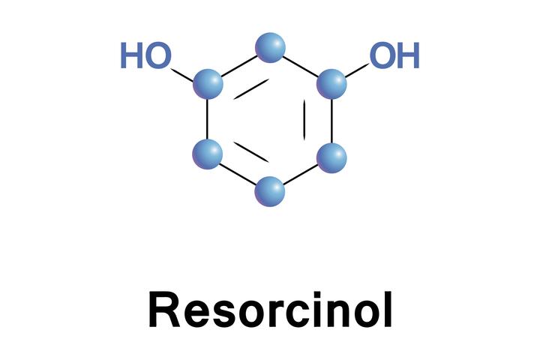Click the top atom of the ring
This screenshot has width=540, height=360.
[x=270, y=47]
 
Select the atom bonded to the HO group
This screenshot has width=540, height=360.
[x=208, y=84]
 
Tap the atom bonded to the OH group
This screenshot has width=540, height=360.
[x=331, y=84]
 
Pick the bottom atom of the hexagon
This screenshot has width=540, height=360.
[x=270, y=192]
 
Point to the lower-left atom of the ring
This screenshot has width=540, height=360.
[x=207, y=154]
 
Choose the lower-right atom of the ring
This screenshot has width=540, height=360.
[x=331, y=158]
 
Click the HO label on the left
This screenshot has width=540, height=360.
[x=145, y=55]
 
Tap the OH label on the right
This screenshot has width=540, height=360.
[x=394, y=55]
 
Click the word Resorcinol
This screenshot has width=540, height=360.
[x=270, y=309]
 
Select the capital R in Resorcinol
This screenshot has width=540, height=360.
[x=164, y=309]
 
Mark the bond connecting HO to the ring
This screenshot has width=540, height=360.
[x=182, y=75]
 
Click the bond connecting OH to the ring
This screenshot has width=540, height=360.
[x=357, y=70]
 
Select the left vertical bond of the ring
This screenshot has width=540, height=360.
[x=207, y=119]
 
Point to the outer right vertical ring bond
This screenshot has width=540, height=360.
[x=331, y=121]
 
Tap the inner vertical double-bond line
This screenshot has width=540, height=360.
[x=304, y=120]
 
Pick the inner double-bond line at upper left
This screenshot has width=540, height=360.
[x=251, y=89]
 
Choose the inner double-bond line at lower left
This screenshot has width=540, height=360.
[x=251, y=151]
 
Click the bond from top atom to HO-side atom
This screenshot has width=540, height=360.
[x=239, y=66]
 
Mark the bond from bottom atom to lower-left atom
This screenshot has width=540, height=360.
[x=238, y=173]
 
